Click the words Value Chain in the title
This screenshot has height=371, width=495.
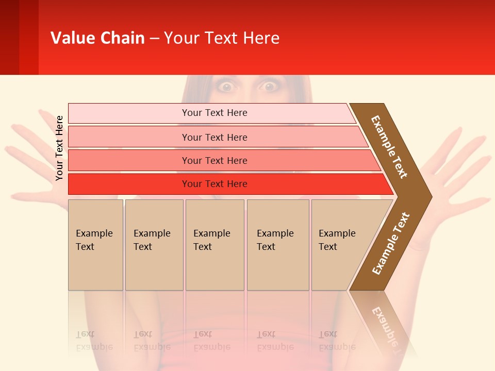pyautogui.click(x=97, y=38)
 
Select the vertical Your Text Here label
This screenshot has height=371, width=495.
pyautogui.click(x=59, y=148)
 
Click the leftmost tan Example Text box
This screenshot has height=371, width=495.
pyautogui.click(x=95, y=245)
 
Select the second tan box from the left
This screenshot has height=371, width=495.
pyautogui.click(x=154, y=245)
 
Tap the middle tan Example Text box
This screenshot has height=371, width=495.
pyautogui.click(x=214, y=245)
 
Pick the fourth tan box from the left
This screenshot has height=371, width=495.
pyautogui.click(x=277, y=245)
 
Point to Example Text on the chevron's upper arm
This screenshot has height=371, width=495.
pyautogui.click(x=389, y=147)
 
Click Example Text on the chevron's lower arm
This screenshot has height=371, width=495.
pyautogui.click(x=391, y=243)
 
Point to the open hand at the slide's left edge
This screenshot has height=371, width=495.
pyautogui.click(x=31, y=155)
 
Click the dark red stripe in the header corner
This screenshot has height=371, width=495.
pyautogui.click(x=9, y=37)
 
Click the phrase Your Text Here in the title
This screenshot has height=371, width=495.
pyautogui.click(x=222, y=38)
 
